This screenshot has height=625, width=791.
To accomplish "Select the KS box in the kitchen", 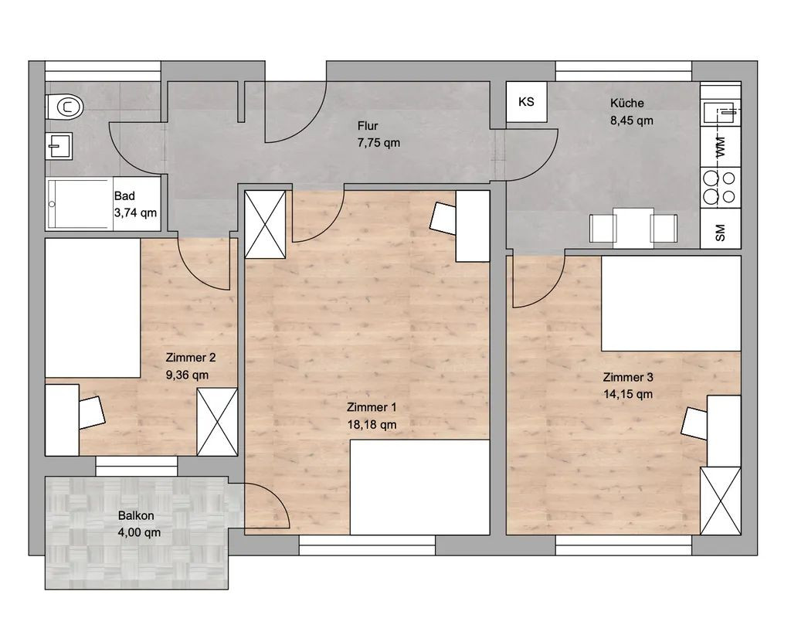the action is (527, 101).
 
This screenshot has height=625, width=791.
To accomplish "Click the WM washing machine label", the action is (721, 146).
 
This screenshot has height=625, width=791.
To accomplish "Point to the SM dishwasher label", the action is (721, 233).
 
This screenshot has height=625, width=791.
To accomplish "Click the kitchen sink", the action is (721, 113).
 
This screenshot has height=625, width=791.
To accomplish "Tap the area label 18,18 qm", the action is (372, 425).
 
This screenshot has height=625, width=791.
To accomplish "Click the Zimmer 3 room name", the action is (628, 377).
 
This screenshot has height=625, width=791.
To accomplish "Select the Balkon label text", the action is (136, 515).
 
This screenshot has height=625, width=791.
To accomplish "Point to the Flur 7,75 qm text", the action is (379, 134).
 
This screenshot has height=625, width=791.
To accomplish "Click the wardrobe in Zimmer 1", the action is (265, 225).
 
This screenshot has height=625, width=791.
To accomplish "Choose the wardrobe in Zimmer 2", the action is (217, 422).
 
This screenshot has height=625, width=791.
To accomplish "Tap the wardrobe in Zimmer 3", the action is (721, 501).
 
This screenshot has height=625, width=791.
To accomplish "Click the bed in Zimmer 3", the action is (671, 303).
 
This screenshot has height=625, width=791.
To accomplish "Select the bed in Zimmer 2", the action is (93, 307).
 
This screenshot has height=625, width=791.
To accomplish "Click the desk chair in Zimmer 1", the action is (443, 217).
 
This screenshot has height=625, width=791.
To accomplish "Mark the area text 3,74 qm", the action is (135, 213).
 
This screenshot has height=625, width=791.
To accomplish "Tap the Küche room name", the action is (627, 103).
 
